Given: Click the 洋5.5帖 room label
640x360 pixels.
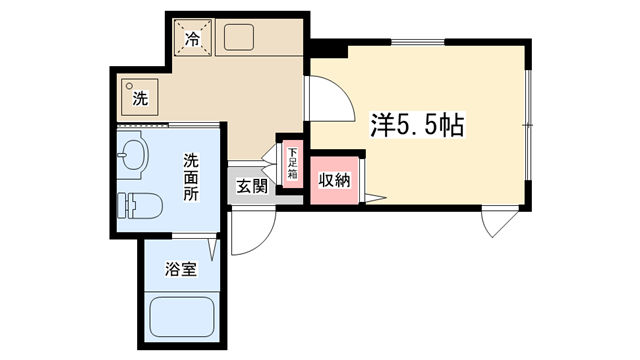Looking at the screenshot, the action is tap(417, 124).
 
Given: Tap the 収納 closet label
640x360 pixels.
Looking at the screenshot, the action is tap(334, 180).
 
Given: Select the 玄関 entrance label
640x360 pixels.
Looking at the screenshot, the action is tap(252, 187).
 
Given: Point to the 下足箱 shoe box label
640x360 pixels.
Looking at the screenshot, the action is tap(293, 163).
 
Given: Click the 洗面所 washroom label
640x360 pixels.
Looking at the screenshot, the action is tap(191, 177).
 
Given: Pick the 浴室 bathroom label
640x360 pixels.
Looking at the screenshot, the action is tap(181, 269).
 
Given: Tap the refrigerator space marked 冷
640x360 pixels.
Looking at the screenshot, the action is tap(193, 38).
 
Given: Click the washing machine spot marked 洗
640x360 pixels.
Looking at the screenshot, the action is tap(140, 98).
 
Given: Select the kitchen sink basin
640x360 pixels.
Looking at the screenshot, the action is tap(239, 38).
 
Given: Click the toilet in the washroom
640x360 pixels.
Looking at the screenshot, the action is tap(140, 206).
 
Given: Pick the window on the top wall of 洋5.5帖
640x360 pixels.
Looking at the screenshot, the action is tap(418, 42).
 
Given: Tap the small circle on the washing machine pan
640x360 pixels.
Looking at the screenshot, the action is tap(129, 86).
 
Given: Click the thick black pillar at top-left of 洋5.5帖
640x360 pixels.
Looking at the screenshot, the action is tap(329, 48).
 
